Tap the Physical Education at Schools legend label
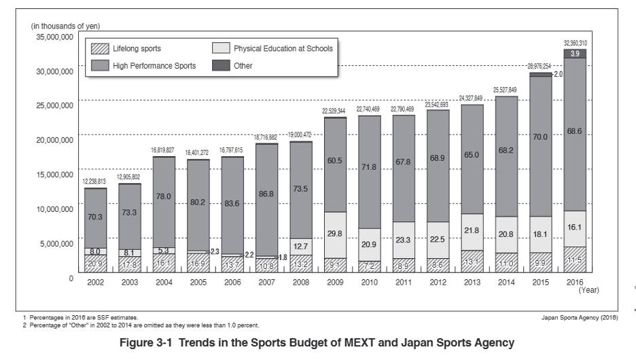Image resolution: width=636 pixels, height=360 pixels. [283, 48]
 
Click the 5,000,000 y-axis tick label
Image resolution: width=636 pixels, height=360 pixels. [56, 243]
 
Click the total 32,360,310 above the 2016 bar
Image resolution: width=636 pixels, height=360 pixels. [575, 43]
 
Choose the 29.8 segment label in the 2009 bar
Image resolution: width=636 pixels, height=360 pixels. [336, 234]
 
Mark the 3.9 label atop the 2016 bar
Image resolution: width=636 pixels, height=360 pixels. [575, 54]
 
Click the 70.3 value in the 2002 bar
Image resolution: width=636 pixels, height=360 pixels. [96, 218]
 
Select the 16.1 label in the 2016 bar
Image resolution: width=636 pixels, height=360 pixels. [575, 229]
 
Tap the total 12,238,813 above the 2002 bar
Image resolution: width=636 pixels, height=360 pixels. [96, 182]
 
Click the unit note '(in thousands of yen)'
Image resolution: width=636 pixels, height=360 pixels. [65, 26]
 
